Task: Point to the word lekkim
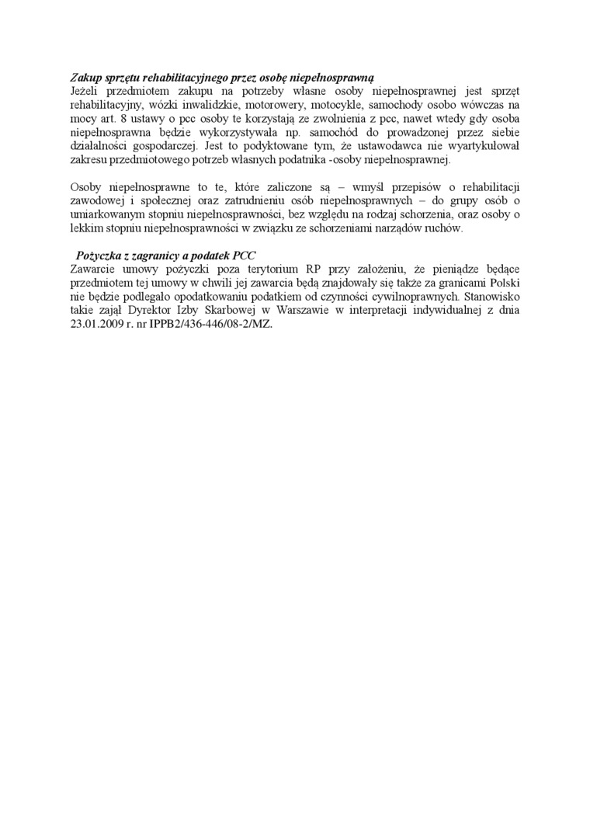(x=84, y=229)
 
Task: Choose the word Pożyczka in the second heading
(x=99, y=256)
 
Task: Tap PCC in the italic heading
(x=244, y=256)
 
